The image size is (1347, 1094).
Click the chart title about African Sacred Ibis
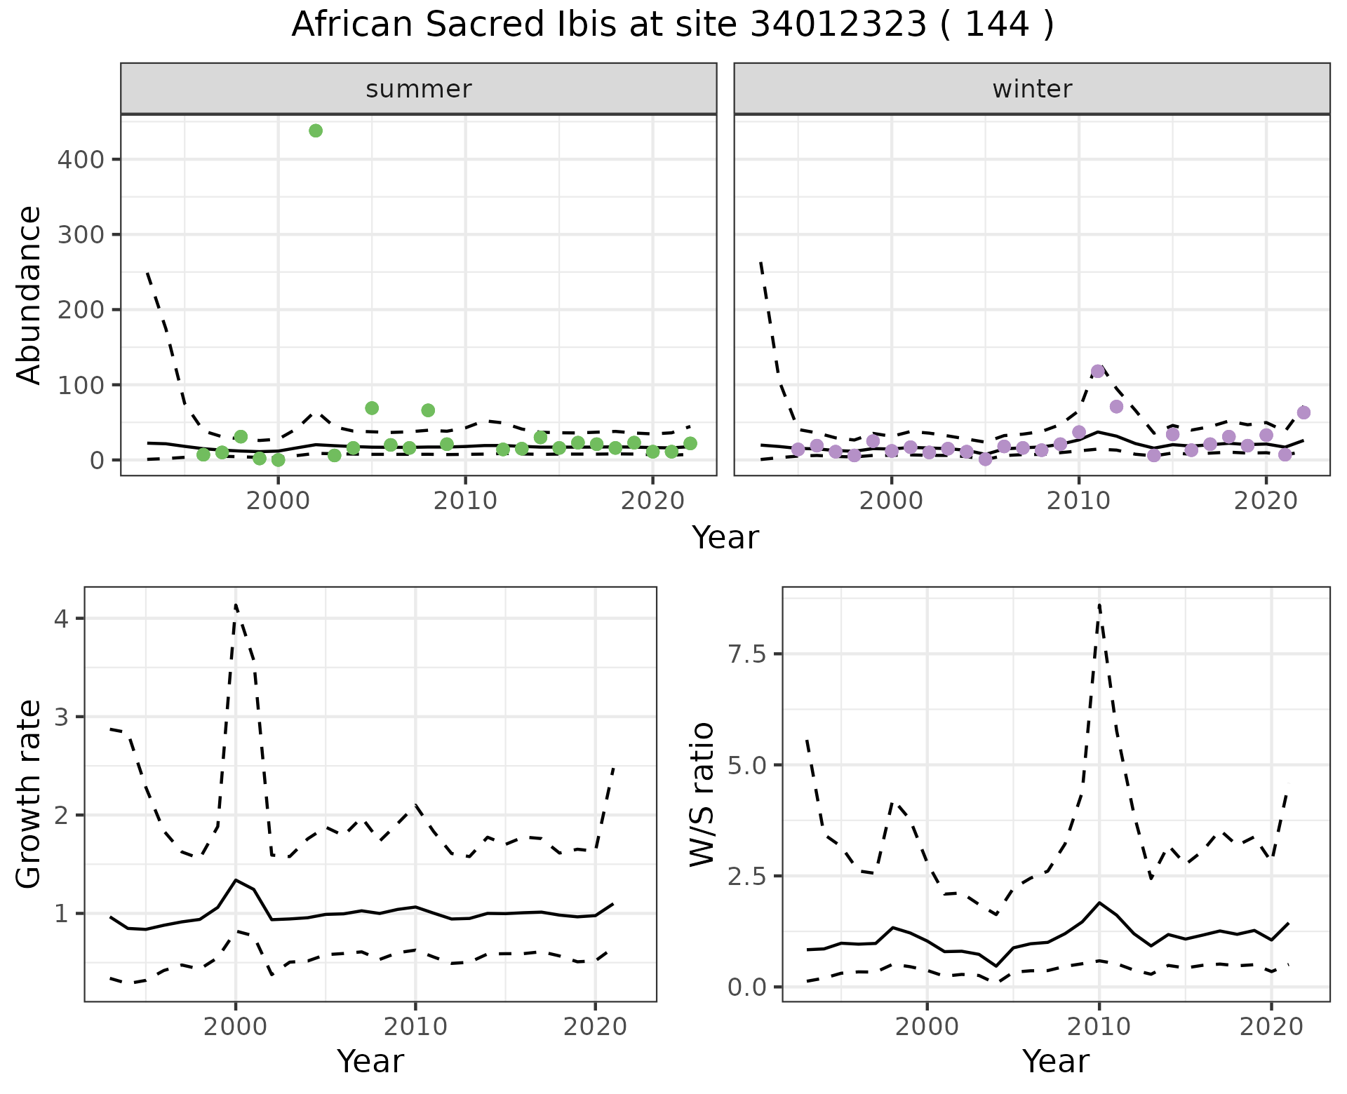pyautogui.click(x=672, y=25)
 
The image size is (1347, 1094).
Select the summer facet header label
pyautogui.click(x=418, y=89)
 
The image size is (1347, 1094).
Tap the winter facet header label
pyautogui.click(x=1031, y=89)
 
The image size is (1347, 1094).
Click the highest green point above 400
pyautogui.click(x=316, y=130)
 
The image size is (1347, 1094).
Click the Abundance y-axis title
pyautogui.click(x=29, y=295)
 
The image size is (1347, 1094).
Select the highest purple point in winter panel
pyautogui.click(x=1098, y=371)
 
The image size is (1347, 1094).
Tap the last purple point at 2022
pyautogui.click(x=1304, y=412)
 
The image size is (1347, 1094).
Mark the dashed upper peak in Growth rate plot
pyautogui.click(x=236, y=605)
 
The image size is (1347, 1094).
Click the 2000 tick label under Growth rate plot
pyautogui.click(x=236, y=1027)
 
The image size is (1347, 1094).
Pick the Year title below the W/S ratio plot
pyautogui.click(x=1055, y=1061)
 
